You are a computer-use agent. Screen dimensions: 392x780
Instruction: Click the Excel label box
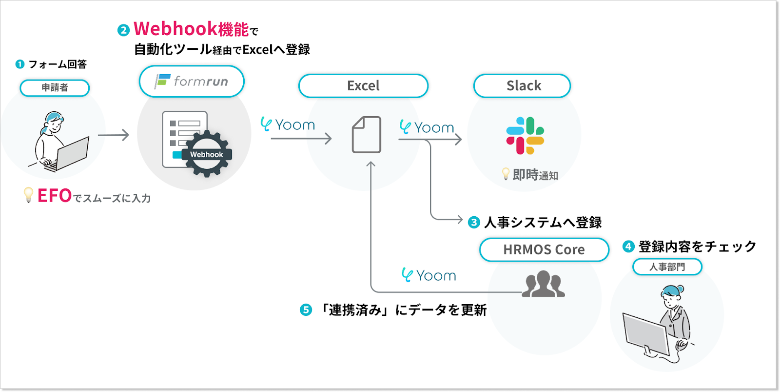pyautogui.click(x=363, y=86)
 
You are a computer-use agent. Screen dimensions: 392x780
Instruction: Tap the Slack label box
pyautogui.click(x=522, y=86)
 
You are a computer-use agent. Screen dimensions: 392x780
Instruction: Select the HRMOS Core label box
pyautogui.click(x=544, y=249)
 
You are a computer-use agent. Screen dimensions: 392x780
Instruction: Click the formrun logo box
pyautogui.click(x=192, y=81)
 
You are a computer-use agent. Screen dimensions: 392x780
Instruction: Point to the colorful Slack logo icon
pyautogui.click(x=525, y=135)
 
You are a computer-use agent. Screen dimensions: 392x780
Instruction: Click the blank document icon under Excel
pyautogui.click(x=367, y=135)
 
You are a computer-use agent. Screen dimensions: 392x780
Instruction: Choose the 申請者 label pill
pyautogui.click(x=55, y=88)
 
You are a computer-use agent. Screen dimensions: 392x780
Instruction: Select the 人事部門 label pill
pyautogui.click(x=667, y=267)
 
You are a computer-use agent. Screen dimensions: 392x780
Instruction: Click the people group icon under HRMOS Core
pyautogui.click(x=543, y=285)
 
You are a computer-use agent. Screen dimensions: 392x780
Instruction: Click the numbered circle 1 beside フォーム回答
pyautogui.click(x=20, y=64)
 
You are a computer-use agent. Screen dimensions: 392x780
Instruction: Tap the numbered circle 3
pyautogui.click(x=474, y=223)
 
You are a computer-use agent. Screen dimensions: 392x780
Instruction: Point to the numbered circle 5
pyautogui.click(x=306, y=310)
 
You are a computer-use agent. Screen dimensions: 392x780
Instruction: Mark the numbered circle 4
pyautogui.click(x=628, y=247)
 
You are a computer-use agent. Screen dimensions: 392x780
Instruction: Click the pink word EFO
pyautogui.click(x=55, y=196)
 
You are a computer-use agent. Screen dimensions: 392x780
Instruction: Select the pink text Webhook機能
pyautogui.click(x=191, y=29)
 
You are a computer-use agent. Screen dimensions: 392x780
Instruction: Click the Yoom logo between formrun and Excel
pyautogui.click(x=288, y=125)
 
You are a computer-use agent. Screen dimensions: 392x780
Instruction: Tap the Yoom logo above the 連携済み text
pyautogui.click(x=429, y=275)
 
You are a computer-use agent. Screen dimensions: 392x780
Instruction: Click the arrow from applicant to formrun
pyautogui.click(x=114, y=135)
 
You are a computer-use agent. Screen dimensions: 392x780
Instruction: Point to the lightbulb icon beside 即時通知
pyautogui.click(x=506, y=173)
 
